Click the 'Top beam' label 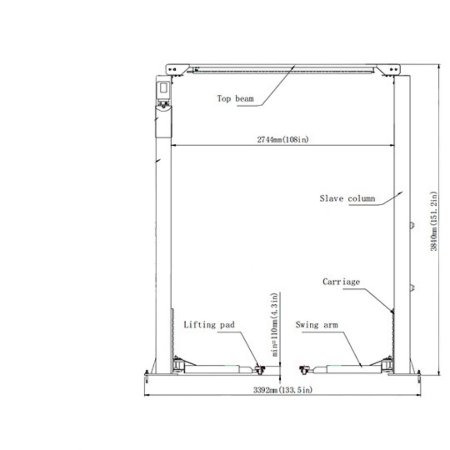pyautogui.click(x=235, y=99)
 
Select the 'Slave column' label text pyautogui.click(x=347, y=198)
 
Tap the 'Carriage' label pyautogui.click(x=341, y=282)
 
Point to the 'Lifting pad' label pyautogui.click(x=209, y=324)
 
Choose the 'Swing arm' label pyautogui.click(x=316, y=324)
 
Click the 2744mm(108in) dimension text pyautogui.click(x=283, y=140)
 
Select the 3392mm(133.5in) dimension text pyautogui.click(x=283, y=390)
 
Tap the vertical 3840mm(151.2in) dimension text pyautogui.click(x=434, y=221)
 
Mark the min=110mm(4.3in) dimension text pyautogui.click(x=275, y=324)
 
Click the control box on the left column pyautogui.click(x=163, y=95)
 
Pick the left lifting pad pyautogui.click(x=260, y=370)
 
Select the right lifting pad pyautogui.click(x=304, y=370)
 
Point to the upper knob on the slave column pyautogui.click(x=412, y=225)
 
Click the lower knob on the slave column pyautogui.click(x=412, y=287)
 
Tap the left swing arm pyautogui.click(x=218, y=369)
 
